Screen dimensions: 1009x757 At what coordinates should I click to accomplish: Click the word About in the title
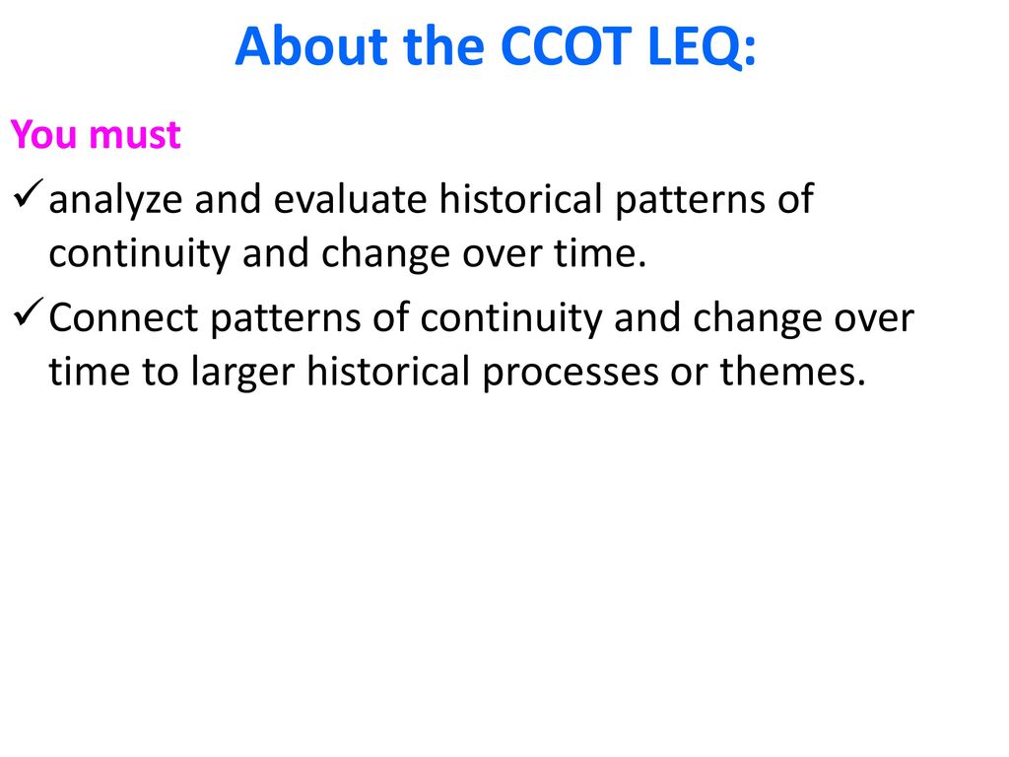(x=311, y=46)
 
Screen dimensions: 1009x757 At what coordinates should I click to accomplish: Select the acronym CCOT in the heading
(x=566, y=46)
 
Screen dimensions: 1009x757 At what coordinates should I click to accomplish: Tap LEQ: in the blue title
(x=702, y=47)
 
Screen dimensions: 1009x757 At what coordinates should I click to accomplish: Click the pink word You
(x=43, y=134)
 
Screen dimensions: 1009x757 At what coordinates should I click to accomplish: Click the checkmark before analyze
(x=28, y=193)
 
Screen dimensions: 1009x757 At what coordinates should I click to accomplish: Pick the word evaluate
(x=350, y=199)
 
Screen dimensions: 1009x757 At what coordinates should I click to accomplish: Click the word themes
(x=793, y=372)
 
